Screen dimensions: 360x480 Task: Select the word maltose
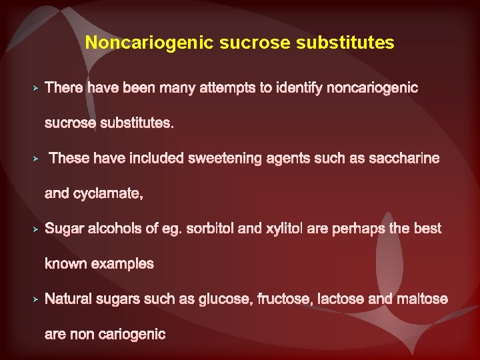coord(423,299)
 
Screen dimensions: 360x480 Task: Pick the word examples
coord(122,264)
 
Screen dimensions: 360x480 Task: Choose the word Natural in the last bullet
coord(67,299)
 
